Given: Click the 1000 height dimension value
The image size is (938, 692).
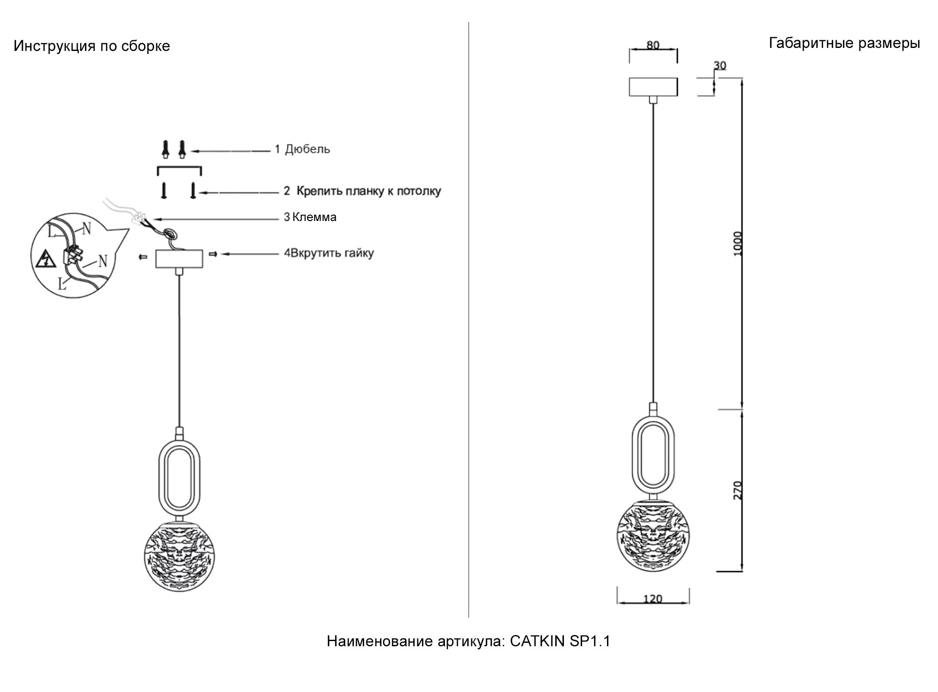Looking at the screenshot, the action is tap(737, 244).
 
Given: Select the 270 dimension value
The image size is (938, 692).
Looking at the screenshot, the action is tap(737, 490).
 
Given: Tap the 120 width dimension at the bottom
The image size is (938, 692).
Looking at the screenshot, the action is tap(652, 599).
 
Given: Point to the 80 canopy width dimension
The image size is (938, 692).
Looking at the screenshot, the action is tap(653, 45).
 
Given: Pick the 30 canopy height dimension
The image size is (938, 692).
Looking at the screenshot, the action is tap(720, 65).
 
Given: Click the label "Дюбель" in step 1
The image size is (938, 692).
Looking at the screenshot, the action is tap(307, 149).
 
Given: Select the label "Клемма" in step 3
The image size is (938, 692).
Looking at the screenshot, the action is tap(314, 217).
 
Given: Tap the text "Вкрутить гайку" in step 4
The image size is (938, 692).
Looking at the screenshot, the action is tap(332, 253).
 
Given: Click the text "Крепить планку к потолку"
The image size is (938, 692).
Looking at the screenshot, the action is tap(369, 191).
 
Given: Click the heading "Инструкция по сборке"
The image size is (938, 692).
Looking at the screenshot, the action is tap(92, 46).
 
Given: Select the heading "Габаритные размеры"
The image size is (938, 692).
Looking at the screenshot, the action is tap(844, 43).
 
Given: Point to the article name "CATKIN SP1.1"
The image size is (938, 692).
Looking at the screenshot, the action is tap(560, 641).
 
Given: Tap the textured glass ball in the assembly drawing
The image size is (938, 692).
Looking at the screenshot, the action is tap(180, 556).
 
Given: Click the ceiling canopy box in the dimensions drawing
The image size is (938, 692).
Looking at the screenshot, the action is tap(653, 87).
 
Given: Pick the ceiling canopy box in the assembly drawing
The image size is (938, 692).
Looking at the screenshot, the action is tap(179, 259).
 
